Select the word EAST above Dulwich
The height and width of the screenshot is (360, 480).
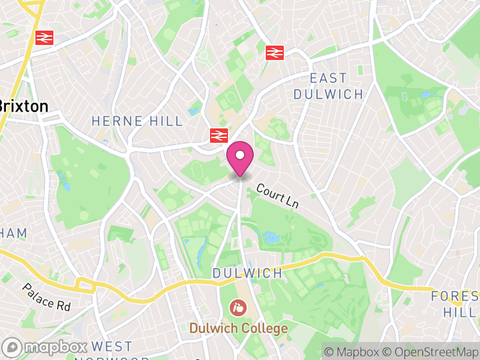[328, 79]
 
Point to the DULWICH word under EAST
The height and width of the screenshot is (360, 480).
[328, 94]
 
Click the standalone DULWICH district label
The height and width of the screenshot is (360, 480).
[247, 273]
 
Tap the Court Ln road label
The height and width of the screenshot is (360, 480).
[277, 196]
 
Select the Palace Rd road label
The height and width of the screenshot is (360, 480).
[47, 298]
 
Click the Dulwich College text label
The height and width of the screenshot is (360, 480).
[239, 328]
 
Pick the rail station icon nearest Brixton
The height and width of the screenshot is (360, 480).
[44, 37]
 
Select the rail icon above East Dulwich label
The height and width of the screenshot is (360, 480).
[274, 53]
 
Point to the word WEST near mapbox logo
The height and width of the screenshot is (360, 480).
[112, 347]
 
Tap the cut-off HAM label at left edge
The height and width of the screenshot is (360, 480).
[13, 233]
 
